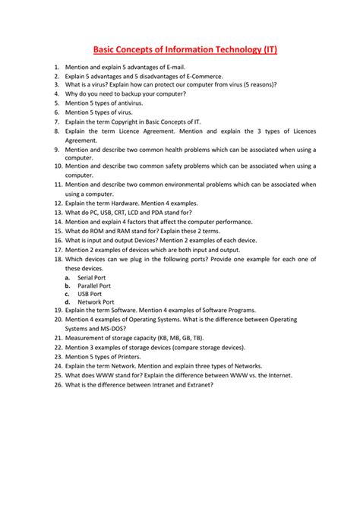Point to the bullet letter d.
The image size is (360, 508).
pyautogui.click(x=68, y=301)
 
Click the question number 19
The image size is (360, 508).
pyautogui.click(x=58, y=310)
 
